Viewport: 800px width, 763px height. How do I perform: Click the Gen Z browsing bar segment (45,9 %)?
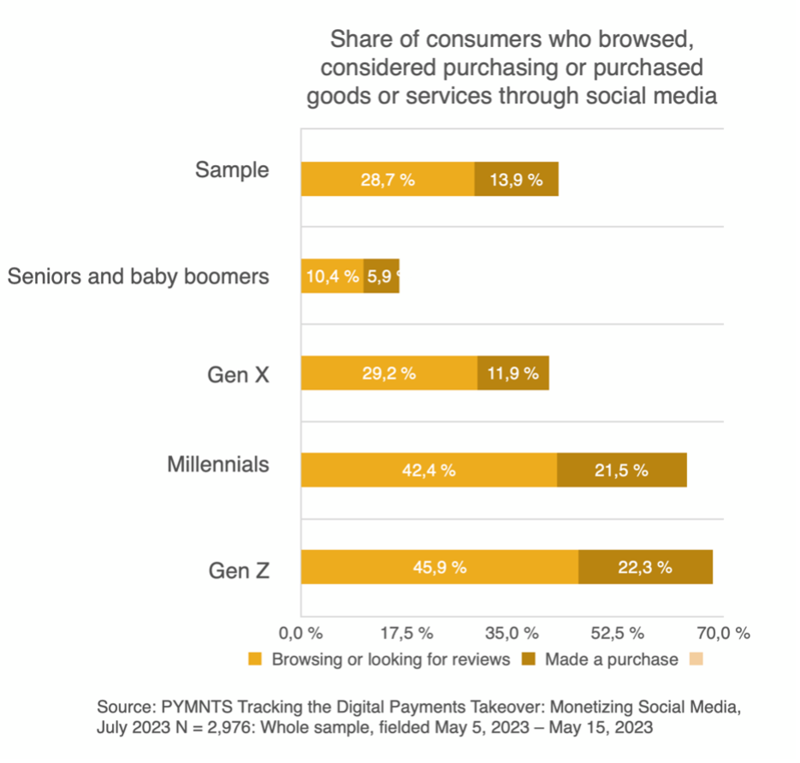(x=439, y=567)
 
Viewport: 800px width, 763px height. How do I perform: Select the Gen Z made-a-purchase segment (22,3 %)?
(x=645, y=567)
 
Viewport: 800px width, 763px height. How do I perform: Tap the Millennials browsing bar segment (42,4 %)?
(x=429, y=470)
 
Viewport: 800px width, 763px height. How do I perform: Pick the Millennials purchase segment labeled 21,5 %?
(x=621, y=470)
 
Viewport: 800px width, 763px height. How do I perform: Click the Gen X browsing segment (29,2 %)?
(x=388, y=373)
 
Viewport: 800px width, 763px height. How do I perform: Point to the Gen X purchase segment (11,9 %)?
(x=513, y=373)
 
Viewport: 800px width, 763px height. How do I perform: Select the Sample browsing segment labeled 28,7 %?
(x=388, y=180)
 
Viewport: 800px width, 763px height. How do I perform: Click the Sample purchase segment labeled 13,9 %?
(x=516, y=180)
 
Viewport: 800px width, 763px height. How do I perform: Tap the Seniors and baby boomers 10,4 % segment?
(x=332, y=276)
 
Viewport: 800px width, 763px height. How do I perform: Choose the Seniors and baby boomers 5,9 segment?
(x=381, y=276)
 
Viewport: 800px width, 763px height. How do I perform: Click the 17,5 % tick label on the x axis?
(x=406, y=634)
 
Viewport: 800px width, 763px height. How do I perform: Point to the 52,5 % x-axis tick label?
(x=617, y=634)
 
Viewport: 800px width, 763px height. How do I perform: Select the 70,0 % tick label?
(x=723, y=634)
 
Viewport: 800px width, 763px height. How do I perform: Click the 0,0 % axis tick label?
(x=300, y=634)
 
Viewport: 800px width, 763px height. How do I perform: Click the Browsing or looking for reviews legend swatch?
(x=255, y=659)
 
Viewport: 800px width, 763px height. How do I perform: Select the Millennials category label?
(x=217, y=464)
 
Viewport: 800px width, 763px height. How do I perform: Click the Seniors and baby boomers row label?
(x=138, y=276)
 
